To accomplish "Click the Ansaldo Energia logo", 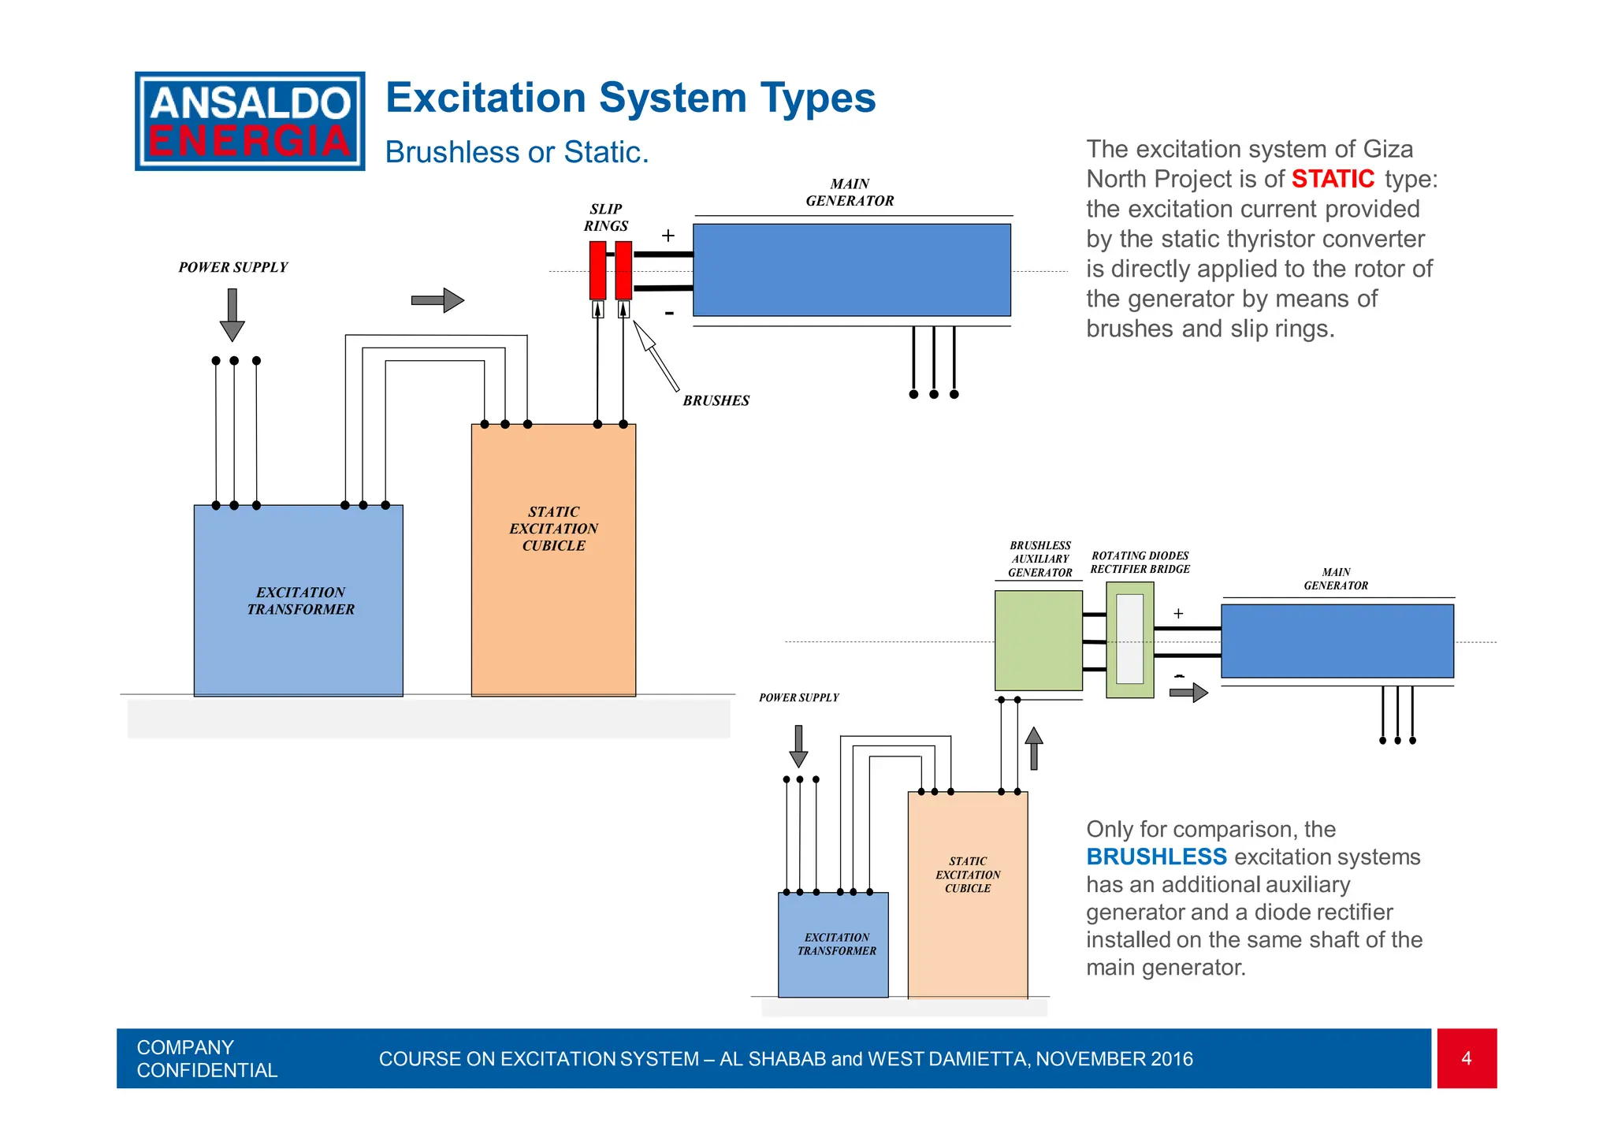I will pyautogui.click(x=250, y=121).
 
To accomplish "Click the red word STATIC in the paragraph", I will pyautogui.click(x=1332, y=179).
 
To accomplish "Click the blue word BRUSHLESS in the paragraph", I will pyautogui.click(x=1155, y=857).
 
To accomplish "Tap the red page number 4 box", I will pyautogui.click(x=1466, y=1058).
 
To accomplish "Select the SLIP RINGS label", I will pyautogui.click(x=605, y=217).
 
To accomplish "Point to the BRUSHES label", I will pyautogui.click(x=716, y=400).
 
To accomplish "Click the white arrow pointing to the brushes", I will pyautogui.click(x=656, y=355).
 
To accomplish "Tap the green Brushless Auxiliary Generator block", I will pyautogui.click(x=1038, y=641).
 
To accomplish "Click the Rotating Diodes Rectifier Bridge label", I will pyautogui.click(x=1140, y=562).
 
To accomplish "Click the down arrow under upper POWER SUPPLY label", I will pyautogui.click(x=232, y=314).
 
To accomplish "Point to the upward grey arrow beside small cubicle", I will pyautogui.click(x=1034, y=748).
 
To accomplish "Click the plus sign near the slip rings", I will pyautogui.click(x=668, y=236).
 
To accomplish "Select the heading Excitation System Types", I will pyautogui.click(x=630, y=98).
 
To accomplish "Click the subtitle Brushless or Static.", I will pyautogui.click(x=516, y=152).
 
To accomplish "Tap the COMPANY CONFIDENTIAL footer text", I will pyautogui.click(x=206, y=1058).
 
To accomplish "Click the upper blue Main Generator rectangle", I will pyautogui.click(x=851, y=269).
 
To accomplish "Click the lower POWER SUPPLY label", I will pyautogui.click(x=798, y=697).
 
